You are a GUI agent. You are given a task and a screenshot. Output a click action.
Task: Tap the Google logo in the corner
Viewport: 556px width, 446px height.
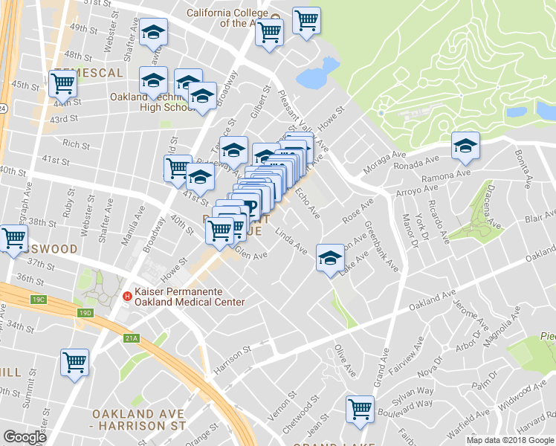point(25,437)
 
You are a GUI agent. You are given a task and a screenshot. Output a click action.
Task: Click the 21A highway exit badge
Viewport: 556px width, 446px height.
point(131,339)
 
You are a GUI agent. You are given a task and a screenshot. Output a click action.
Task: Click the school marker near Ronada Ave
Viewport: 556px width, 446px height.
point(465,145)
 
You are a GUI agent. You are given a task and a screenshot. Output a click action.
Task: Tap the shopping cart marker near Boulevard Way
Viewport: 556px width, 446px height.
point(360,408)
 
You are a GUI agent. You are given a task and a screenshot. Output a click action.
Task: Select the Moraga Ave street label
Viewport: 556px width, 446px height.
point(385,164)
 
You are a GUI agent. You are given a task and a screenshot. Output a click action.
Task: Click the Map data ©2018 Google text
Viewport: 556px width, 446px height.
point(509,440)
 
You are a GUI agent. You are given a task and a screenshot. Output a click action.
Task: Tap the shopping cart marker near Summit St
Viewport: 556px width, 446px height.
point(74,363)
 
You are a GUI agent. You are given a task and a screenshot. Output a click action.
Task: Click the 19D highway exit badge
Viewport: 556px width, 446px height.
point(87,314)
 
